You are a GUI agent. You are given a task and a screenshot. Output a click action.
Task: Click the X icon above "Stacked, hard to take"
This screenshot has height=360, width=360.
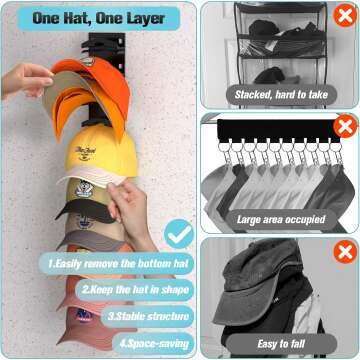[345, 14]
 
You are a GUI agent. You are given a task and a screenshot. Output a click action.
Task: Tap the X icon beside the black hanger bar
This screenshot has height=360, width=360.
[345, 127]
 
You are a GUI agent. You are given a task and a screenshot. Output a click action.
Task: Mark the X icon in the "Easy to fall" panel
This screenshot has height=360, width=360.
[345, 250]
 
